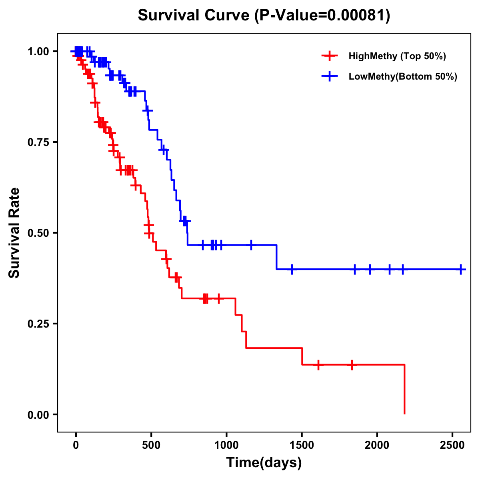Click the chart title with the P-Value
tap(264, 15)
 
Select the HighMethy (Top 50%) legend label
tap(397, 56)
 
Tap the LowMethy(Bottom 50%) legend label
tap(403, 76)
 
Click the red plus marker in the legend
tap(330, 56)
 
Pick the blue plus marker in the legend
tap(330, 76)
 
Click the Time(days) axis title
tap(264, 463)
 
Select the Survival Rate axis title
tap(14, 233)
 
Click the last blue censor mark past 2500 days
tap(461, 269)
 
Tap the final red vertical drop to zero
tap(404, 390)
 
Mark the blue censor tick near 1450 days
tap(292, 269)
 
